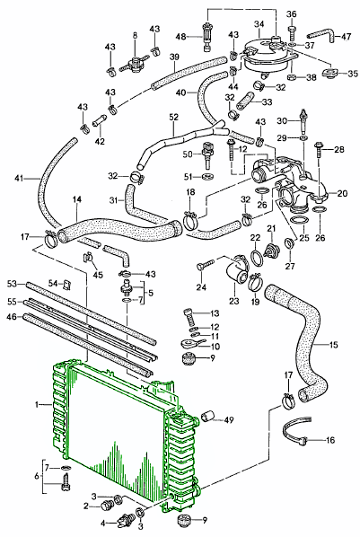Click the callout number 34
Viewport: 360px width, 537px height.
point(259,24)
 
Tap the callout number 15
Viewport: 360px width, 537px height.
point(334,345)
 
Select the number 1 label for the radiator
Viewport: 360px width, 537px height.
point(37,405)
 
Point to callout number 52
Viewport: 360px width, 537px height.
point(173,117)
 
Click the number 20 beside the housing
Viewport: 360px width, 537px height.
point(342,193)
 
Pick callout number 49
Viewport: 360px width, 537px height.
point(229,419)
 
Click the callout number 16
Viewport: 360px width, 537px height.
point(330,440)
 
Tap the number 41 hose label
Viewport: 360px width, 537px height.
point(20,178)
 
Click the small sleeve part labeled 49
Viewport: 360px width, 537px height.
point(208,417)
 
